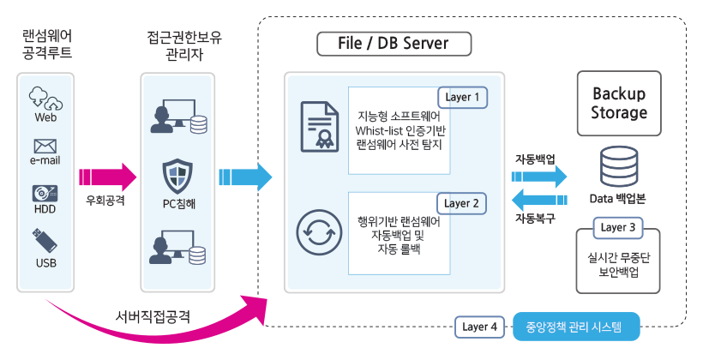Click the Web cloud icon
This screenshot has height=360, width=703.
coord(45,97)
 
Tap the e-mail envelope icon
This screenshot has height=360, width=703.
coord(45,146)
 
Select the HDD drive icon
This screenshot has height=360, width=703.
coord(45,194)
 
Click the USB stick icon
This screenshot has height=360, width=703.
coord(45,241)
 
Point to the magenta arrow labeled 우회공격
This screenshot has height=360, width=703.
coord(107,177)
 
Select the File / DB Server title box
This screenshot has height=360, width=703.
coord(382,43)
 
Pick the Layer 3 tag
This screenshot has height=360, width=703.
coord(618,228)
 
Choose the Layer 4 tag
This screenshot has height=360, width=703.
coord(479,327)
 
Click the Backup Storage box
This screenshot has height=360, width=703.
coord(619,103)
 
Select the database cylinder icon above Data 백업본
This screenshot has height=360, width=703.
coord(619,167)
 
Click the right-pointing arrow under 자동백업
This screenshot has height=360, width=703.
coord(539,177)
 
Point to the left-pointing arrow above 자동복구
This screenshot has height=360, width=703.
coord(539,202)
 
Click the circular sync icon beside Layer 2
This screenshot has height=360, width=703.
coord(316,231)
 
